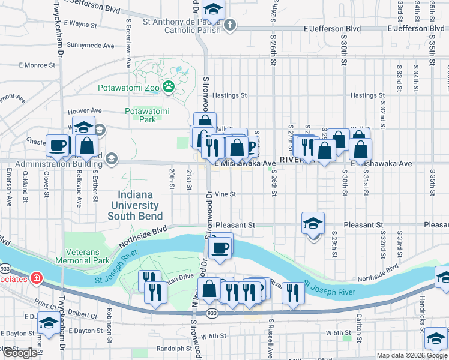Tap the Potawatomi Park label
point(148,115)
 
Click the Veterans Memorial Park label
point(82,256)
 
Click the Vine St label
point(225,194)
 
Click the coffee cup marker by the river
point(220,247)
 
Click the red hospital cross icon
point(37,278)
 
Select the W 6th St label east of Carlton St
point(337,332)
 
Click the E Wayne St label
point(80,24)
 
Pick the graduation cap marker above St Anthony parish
point(212,10)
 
